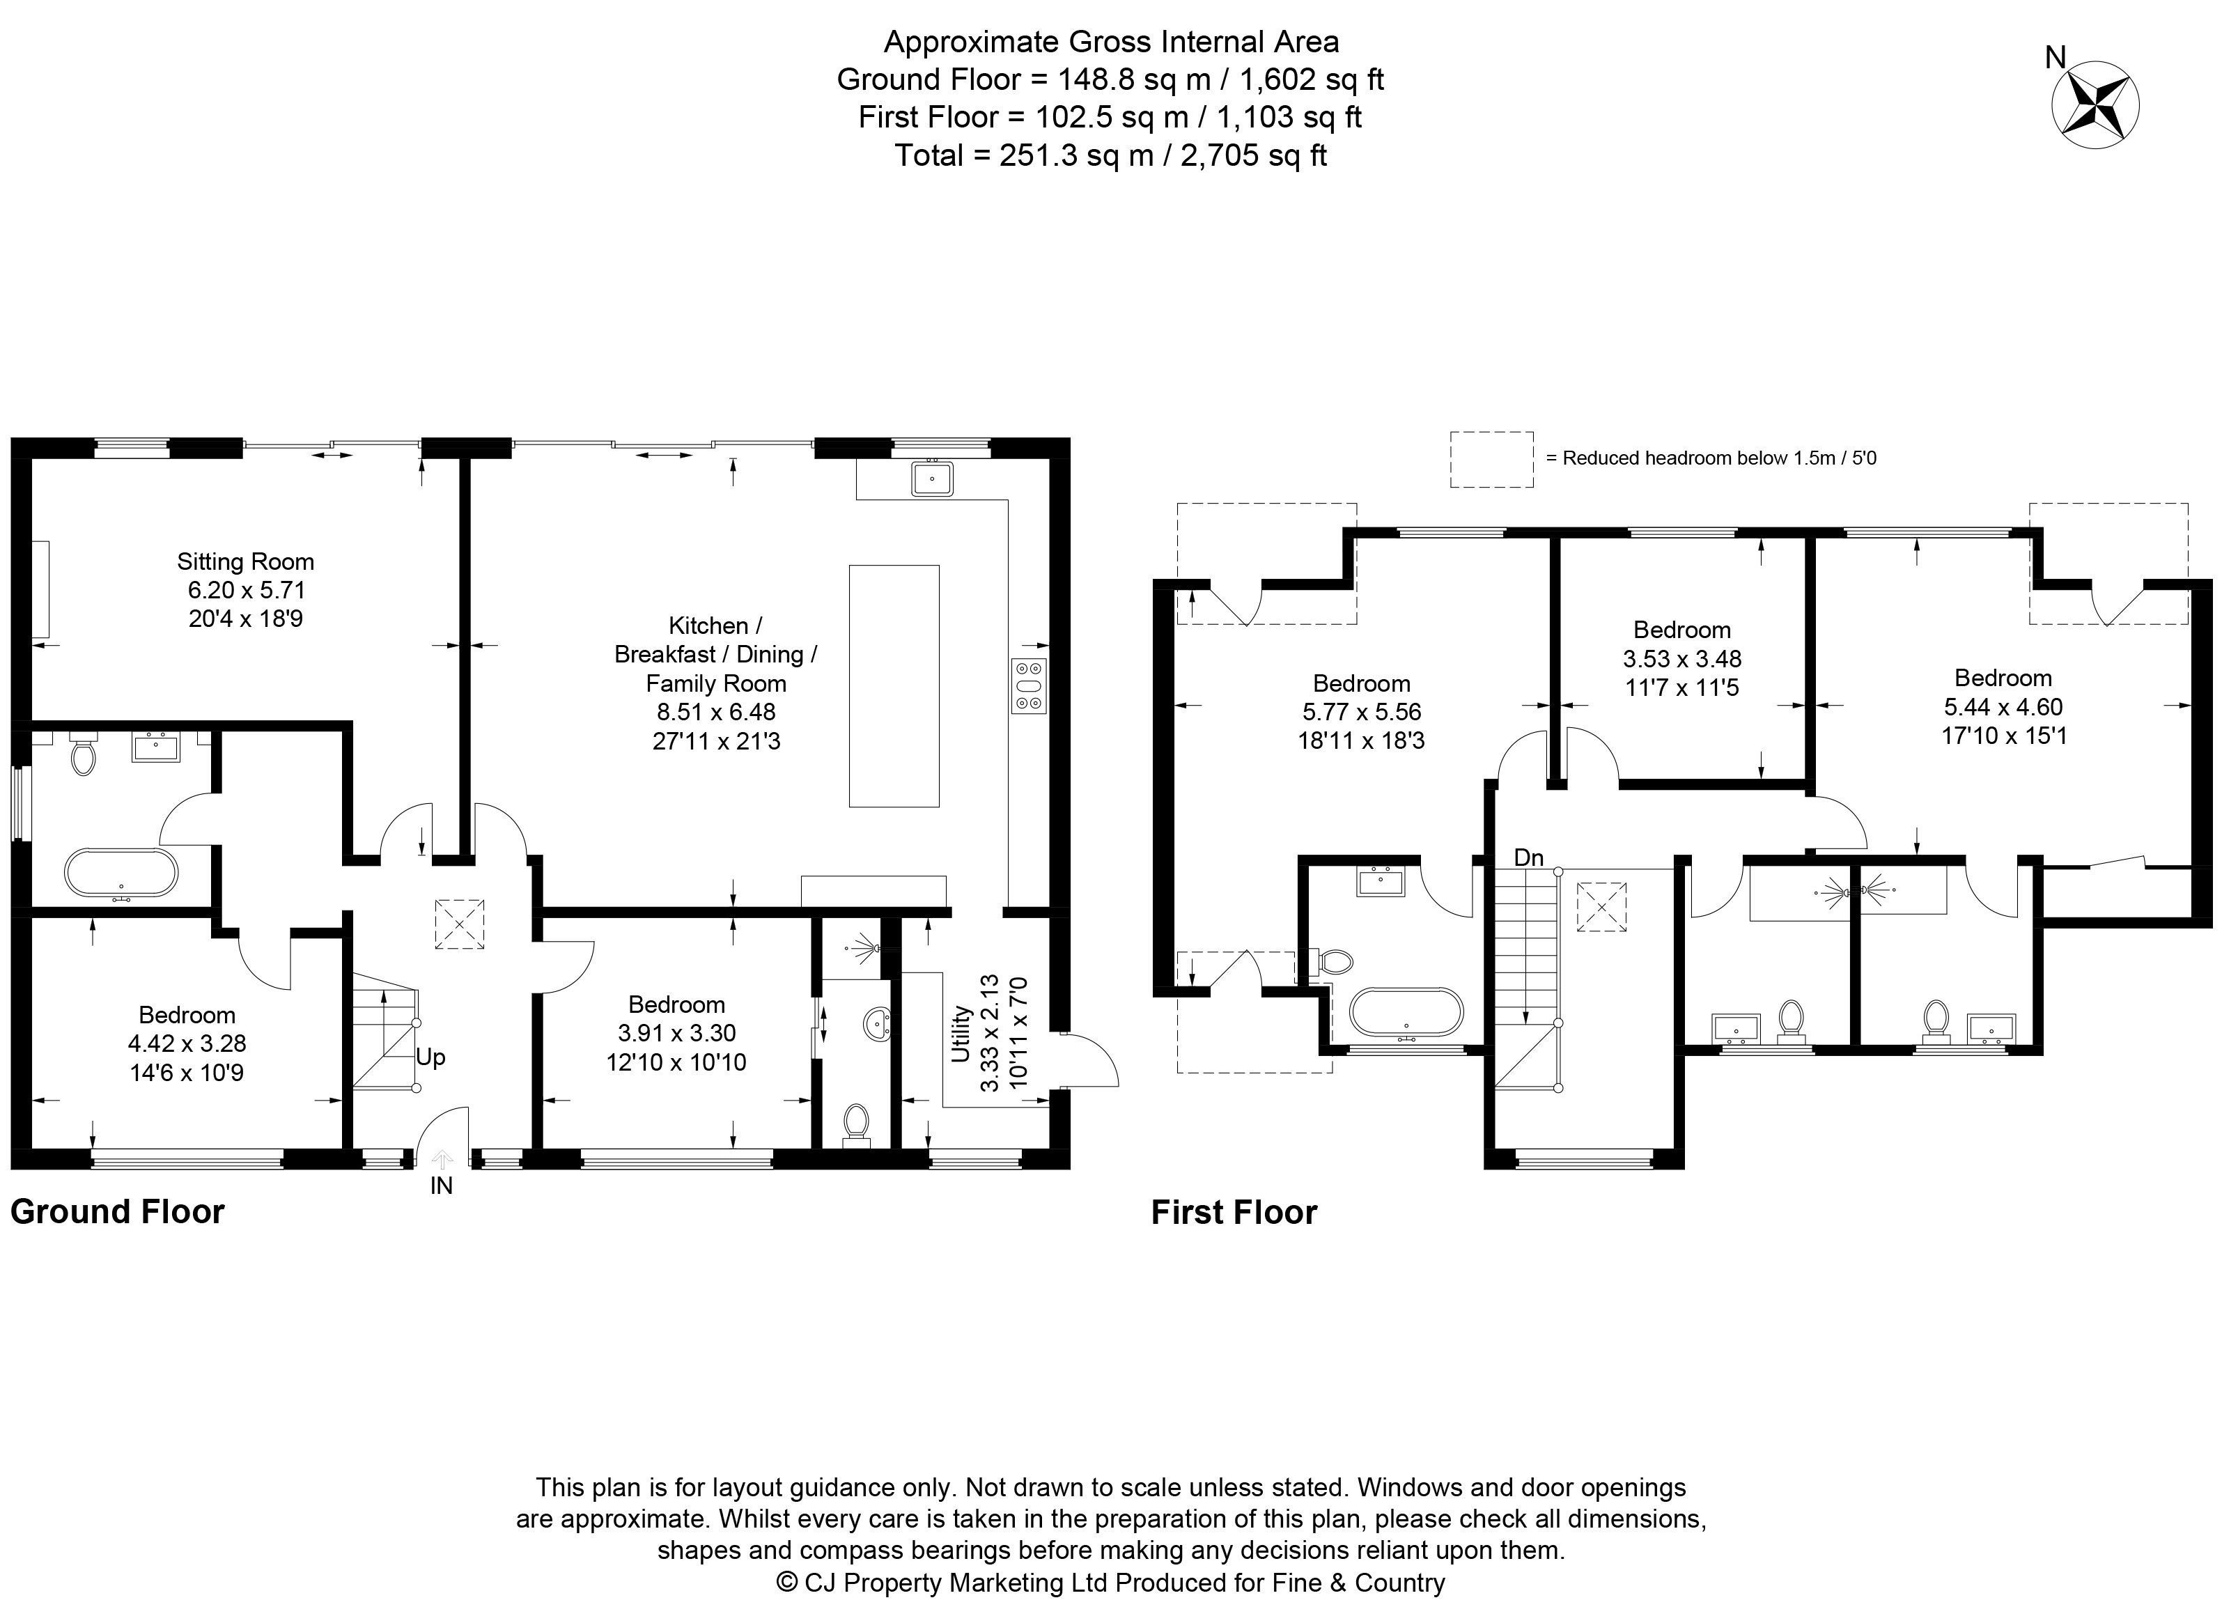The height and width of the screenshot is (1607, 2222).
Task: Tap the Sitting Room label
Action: (246, 561)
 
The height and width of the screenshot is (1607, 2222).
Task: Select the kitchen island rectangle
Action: (894, 686)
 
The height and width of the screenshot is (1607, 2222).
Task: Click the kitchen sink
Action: (932, 478)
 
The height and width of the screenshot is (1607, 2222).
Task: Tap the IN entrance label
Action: (442, 1186)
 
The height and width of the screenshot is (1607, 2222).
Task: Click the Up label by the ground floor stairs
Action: (431, 1057)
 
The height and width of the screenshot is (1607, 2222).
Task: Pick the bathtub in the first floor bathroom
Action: (1407, 1012)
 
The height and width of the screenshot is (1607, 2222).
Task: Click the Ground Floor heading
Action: (118, 1212)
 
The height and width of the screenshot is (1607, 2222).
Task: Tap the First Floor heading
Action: (1234, 1213)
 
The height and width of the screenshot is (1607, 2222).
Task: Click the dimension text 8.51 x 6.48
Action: (716, 713)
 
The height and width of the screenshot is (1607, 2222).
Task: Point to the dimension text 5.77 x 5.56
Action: (1362, 713)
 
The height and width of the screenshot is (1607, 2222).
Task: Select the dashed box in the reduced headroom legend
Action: (1492, 460)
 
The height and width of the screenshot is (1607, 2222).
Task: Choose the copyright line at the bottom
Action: (1111, 1583)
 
